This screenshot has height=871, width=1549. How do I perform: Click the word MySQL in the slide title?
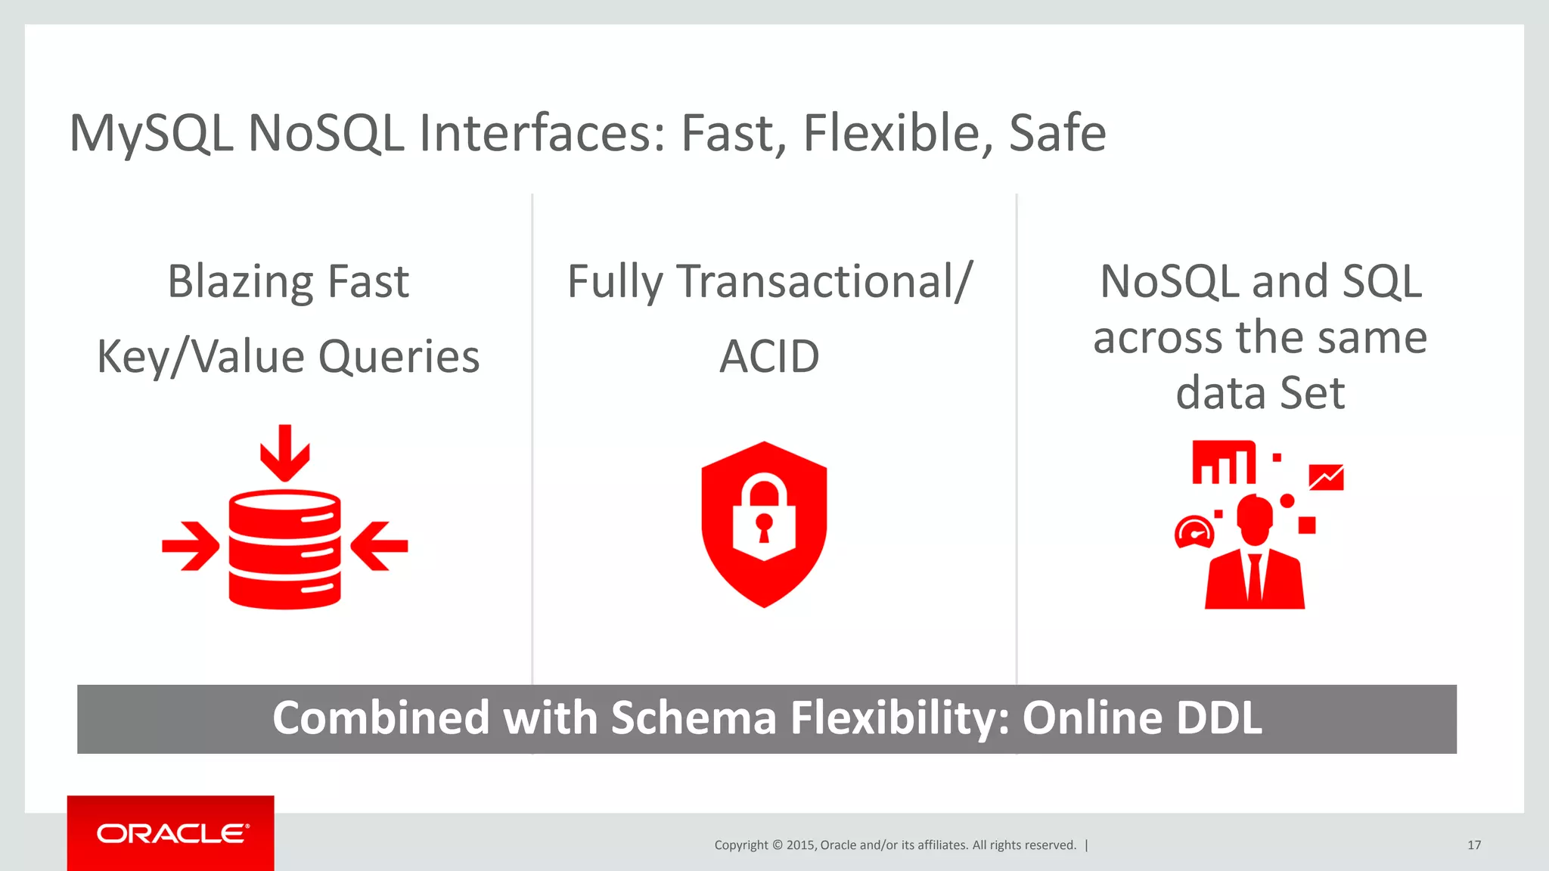(151, 134)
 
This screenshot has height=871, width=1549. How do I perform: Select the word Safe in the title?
(1057, 134)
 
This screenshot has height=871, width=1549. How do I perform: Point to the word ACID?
(768, 357)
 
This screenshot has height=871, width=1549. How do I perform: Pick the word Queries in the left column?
(399, 357)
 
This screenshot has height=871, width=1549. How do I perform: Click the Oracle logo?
(171, 833)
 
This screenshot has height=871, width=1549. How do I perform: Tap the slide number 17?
(1473, 845)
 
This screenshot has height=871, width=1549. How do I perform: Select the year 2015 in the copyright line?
(800, 845)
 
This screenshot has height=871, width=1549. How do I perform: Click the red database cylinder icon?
(284, 549)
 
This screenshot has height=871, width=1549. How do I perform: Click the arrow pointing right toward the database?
(191, 545)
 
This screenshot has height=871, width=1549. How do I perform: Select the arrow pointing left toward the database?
(380, 545)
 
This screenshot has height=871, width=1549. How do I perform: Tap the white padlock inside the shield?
(764, 517)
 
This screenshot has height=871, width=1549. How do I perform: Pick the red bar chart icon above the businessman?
(1223, 463)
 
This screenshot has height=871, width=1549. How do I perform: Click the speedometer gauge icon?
(1194, 532)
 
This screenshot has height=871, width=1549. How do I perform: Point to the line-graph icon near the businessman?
(1326, 478)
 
